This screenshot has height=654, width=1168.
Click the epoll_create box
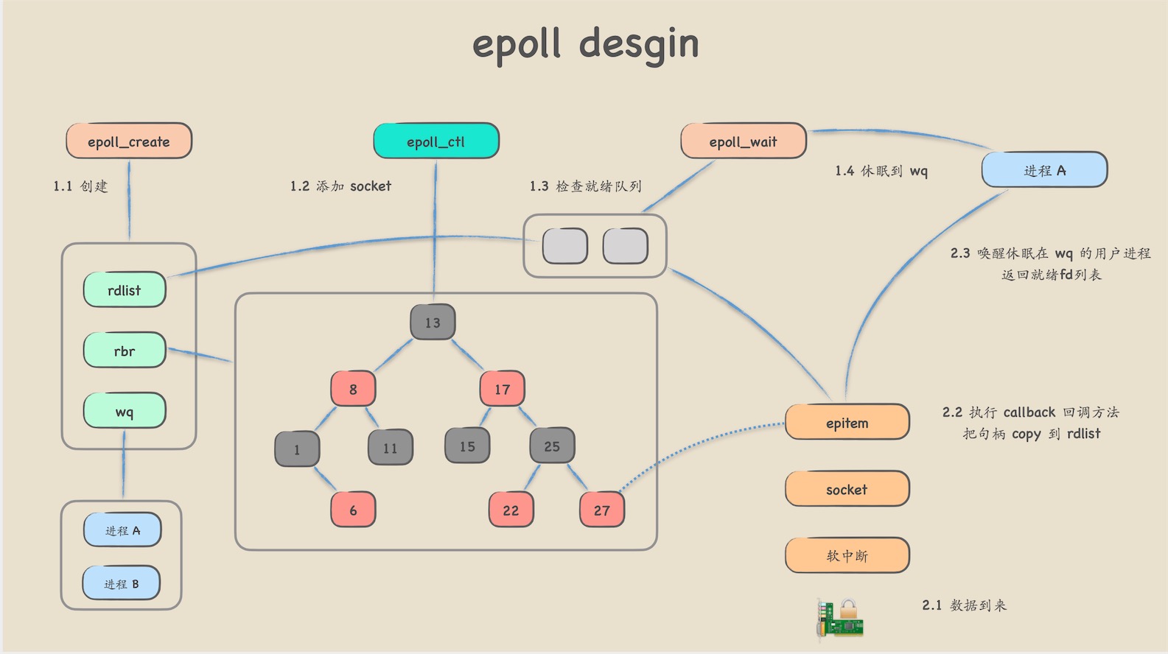tap(129, 141)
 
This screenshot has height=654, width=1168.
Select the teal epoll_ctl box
tap(436, 141)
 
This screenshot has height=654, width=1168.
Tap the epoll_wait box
tap(743, 141)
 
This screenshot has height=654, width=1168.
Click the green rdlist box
tap(125, 290)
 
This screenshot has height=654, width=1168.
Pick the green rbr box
tap(125, 351)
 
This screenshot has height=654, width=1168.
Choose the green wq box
tap(125, 411)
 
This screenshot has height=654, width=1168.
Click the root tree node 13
tap(433, 322)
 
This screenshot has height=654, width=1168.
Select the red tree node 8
tap(353, 389)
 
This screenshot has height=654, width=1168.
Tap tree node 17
tap(502, 389)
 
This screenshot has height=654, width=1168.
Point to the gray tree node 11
tap(390, 447)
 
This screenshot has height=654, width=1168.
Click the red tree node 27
tap(602, 510)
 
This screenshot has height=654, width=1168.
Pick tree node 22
tap(511, 510)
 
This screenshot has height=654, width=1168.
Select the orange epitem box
tap(847, 422)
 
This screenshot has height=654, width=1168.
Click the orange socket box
tap(847, 489)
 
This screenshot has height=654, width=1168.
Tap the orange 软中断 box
tap(847, 555)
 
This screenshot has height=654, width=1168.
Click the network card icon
tap(841, 618)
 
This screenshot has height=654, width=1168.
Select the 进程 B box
tap(122, 583)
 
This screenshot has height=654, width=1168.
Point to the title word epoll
tap(516, 44)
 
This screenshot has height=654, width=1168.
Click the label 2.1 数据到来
tap(964, 605)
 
